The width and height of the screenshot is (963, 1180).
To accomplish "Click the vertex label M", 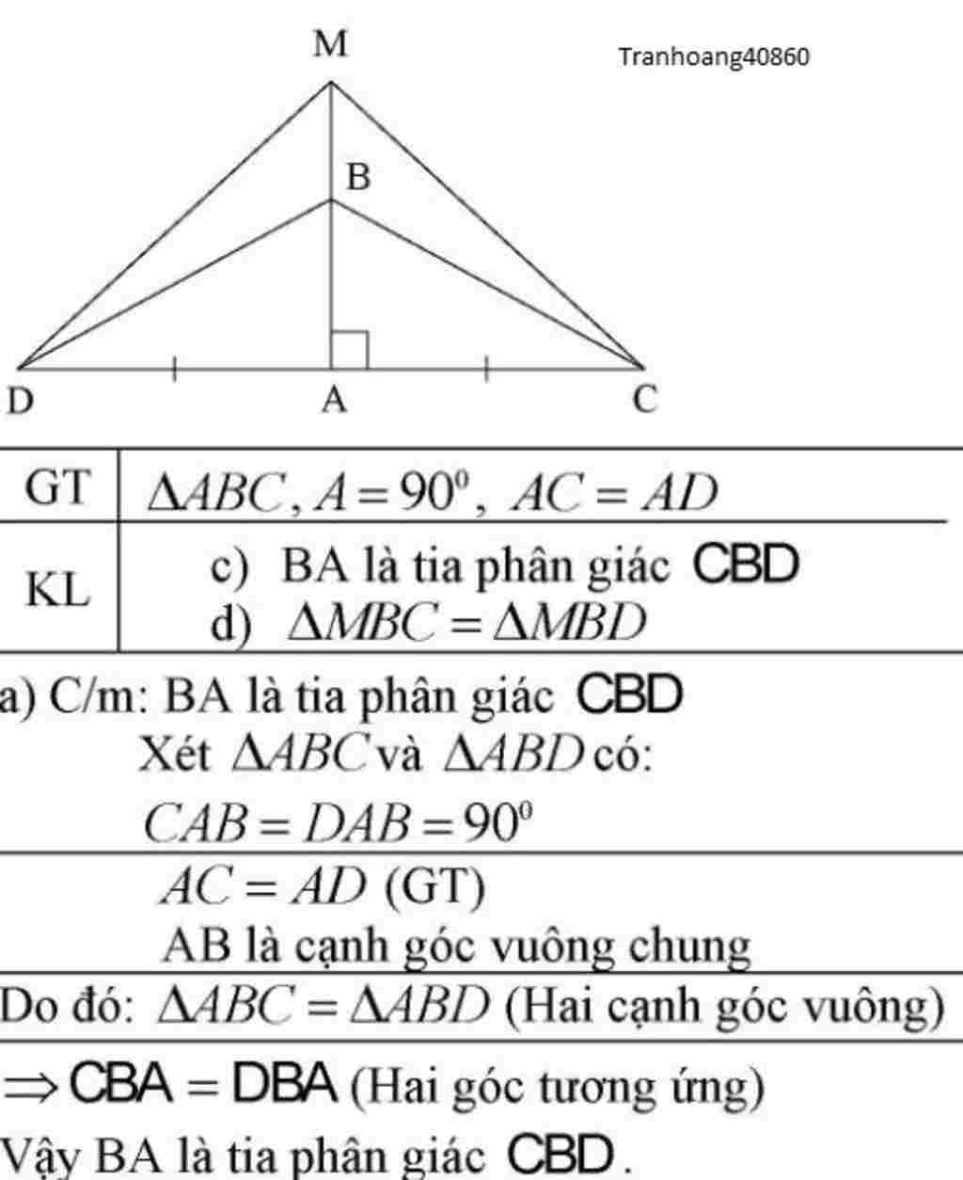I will pos(330,44).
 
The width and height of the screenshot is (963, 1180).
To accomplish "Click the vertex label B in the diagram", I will pos(358,177).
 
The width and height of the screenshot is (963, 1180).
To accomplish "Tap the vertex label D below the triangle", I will pos(20,402).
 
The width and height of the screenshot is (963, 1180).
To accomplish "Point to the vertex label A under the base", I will pos(334,402).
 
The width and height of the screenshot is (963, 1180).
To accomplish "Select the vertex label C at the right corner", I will pos(644,401).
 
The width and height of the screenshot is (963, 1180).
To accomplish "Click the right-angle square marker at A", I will pos(349,349).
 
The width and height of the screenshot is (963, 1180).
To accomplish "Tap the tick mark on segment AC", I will pos(487,370).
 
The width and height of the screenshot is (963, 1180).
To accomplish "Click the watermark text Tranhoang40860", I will pos(714,58).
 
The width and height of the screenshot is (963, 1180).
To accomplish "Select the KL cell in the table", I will pos(57,591).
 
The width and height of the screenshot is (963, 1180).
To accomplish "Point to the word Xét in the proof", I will pos(174,755).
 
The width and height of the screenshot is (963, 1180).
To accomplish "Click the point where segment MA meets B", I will pos(331,199).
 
